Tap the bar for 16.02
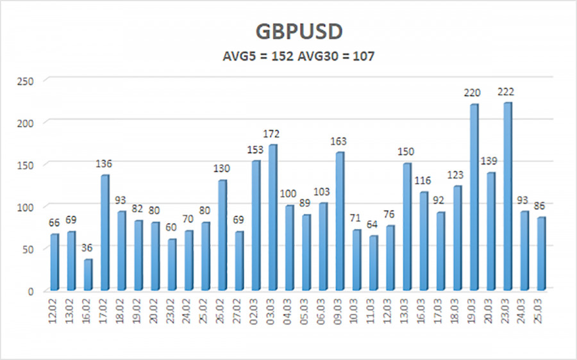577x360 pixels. pos(88,274)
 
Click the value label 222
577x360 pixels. pos(508,92)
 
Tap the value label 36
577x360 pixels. pos(88,249)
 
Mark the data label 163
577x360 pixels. pos(340,142)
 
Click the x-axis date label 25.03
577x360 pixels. pos(542,311)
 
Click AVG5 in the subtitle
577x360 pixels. pos(235,56)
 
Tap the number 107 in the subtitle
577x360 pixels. pos(362,56)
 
